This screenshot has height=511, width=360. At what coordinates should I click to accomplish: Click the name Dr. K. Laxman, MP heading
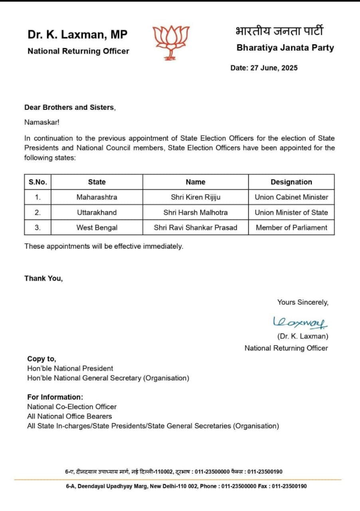point(77,35)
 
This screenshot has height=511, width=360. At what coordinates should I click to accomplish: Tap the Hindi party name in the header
point(279,31)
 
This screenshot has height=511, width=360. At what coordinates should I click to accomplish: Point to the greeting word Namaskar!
point(42,123)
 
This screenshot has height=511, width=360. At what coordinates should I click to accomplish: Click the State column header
point(97,182)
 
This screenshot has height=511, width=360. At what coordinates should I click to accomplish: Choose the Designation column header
point(291,182)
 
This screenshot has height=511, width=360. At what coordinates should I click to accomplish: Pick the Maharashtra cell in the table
point(97,197)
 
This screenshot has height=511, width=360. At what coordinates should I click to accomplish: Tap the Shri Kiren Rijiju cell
point(196,197)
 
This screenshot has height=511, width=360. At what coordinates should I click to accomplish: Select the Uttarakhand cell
point(97,212)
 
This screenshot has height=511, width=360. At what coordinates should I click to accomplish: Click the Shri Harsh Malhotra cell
point(196,212)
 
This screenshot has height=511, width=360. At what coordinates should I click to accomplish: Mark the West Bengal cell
point(97,228)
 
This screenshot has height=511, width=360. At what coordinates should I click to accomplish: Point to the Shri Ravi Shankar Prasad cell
point(196,228)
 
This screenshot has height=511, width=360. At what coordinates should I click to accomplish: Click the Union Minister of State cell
point(291,212)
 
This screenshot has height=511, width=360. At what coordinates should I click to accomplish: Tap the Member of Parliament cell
point(291,228)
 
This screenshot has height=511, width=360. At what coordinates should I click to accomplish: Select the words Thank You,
point(44,278)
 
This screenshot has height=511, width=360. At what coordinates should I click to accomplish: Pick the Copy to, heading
point(42,359)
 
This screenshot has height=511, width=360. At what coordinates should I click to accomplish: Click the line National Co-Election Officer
point(72,407)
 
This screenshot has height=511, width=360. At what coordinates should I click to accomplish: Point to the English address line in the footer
point(186,486)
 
